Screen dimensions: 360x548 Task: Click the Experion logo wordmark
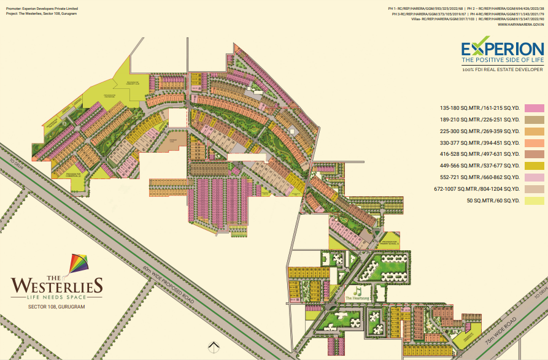[501, 48]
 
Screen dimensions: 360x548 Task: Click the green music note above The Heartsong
[357, 290]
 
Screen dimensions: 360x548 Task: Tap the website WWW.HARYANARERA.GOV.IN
[520, 24]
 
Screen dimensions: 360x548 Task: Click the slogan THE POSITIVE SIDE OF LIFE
[501, 60]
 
